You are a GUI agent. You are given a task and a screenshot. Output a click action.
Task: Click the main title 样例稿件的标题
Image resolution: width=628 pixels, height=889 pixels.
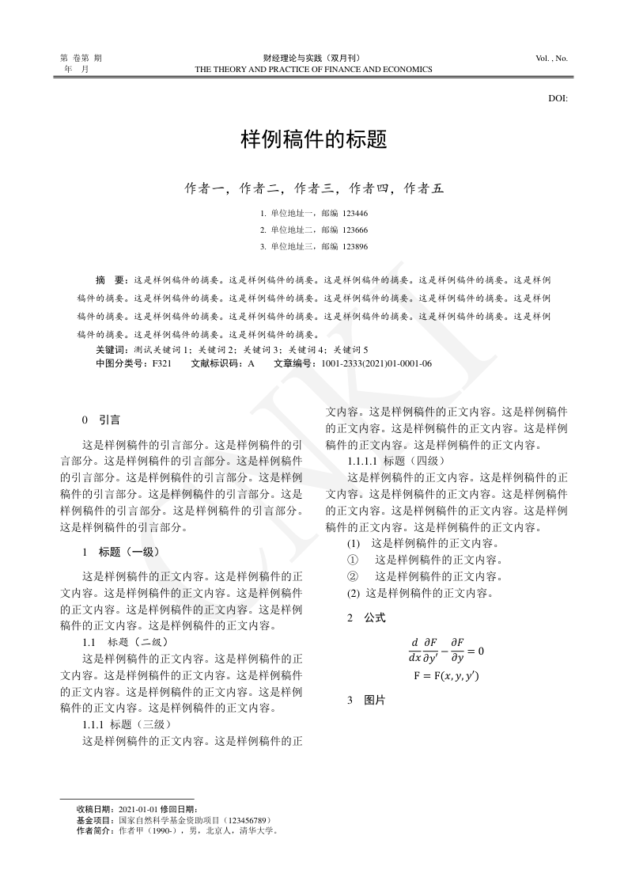click(313, 141)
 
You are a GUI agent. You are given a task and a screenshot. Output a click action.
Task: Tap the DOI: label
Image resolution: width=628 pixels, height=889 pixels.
click(558, 99)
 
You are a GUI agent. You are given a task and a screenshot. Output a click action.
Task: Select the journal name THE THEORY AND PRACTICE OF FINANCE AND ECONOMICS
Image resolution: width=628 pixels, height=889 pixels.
click(313, 70)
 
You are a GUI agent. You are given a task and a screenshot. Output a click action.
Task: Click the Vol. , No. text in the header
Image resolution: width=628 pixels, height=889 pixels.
click(551, 59)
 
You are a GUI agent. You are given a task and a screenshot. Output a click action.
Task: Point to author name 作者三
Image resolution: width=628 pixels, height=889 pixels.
click(314, 188)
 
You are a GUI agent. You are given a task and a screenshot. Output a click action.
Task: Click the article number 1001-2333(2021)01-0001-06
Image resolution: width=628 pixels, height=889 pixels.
click(376, 363)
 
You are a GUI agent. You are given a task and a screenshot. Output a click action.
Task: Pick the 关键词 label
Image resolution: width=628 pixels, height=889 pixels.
click(111, 349)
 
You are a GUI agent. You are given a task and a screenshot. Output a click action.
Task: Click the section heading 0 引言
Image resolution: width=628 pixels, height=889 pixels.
click(101, 419)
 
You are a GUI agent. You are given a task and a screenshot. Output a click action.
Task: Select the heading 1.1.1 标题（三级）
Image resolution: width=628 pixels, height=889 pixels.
click(127, 724)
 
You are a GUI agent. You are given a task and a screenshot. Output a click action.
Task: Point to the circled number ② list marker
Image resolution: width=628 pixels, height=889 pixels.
click(353, 576)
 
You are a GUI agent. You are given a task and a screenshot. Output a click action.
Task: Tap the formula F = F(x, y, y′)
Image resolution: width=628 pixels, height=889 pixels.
click(446, 676)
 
